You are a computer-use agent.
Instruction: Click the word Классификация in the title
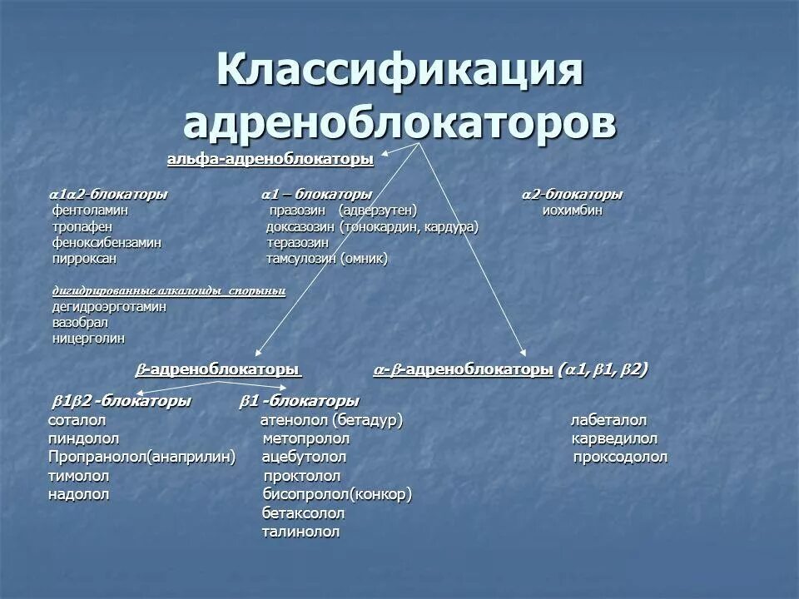coord(399,70)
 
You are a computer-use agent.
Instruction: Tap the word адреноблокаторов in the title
coord(399,122)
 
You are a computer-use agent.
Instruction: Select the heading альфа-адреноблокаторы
coord(270,160)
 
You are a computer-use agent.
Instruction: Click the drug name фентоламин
coord(90,210)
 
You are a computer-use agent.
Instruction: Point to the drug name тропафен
coord(82,226)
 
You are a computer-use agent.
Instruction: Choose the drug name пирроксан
coord(84,259)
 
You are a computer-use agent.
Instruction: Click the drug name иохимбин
coord(572,210)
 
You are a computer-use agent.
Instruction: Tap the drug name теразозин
coord(297,242)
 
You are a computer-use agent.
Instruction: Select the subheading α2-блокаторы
coord(572,194)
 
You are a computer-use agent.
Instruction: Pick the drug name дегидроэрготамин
coord(109,306)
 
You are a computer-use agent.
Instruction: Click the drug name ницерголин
coord(88,339)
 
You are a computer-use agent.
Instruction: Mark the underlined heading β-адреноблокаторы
coord(217,369)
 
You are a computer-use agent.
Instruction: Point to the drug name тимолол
coord(79,476)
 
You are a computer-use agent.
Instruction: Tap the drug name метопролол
coord(305,438)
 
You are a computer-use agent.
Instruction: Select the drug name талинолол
coord(300,532)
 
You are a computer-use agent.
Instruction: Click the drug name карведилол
coord(614,438)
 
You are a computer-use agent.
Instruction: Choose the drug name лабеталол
coord(608,420)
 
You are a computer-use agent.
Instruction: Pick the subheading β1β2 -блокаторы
coord(122,401)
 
